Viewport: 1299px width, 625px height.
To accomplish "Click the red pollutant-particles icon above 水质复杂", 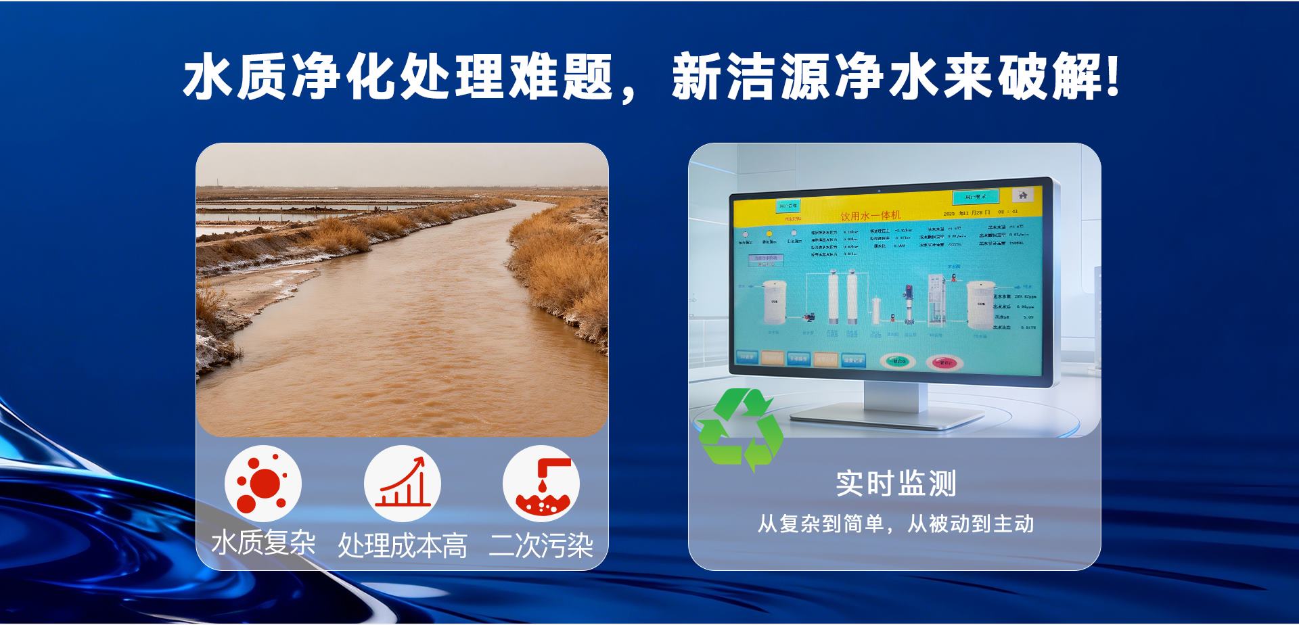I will click(263, 484).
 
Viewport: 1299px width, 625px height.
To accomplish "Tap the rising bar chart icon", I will click(403, 484).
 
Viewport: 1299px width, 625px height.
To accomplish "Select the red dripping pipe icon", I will click(541, 484).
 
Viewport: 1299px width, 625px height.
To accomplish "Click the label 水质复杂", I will click(264, 542).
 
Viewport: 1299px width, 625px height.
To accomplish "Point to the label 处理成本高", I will click(403, 545).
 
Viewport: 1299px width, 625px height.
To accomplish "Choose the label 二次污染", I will click(541, 545).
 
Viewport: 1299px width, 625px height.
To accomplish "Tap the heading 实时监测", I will click(896, 483).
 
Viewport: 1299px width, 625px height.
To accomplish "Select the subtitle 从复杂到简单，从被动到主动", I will click(896, 524).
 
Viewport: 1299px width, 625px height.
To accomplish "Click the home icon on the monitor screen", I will click(1023, 195).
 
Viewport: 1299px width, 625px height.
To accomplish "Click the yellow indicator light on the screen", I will click(769, 233).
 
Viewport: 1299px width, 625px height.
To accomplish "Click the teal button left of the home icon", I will click(976, 197).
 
